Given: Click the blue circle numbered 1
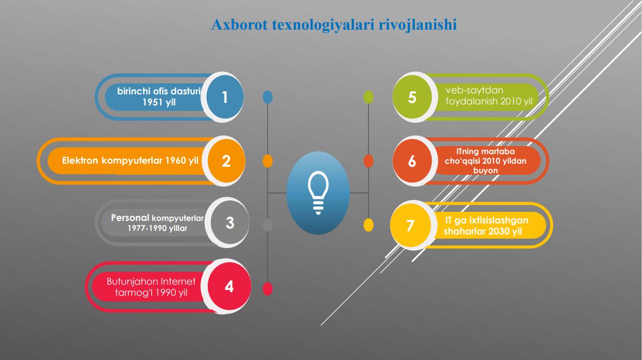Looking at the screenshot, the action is pos(225,97).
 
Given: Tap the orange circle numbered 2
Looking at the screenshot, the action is pos(226,161).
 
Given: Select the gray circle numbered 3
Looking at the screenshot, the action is pos(230,222).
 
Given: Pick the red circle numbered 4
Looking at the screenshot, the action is pos(229,286).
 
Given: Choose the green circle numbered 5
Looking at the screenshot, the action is pos(412,97).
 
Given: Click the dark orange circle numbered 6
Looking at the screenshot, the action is pos(412,161).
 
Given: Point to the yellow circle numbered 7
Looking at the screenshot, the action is pos(411,225).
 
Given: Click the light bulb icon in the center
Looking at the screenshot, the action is pos(318,193).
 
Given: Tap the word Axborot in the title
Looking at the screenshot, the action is pos(239,25).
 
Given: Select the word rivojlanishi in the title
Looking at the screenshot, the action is pos(418,25).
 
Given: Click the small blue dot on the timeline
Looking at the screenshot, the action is pos(268,97).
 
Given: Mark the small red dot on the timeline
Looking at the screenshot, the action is pos(268,289).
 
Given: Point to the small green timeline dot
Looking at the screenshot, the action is pos(368,97).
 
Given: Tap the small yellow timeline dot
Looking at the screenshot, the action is pos(368,225).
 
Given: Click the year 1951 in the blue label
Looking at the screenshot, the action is pos(153,102).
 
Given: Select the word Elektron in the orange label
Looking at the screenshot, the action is pos(80,161).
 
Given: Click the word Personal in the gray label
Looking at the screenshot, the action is pos(130,218).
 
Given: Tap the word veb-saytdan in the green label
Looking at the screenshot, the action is pos(474,90).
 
